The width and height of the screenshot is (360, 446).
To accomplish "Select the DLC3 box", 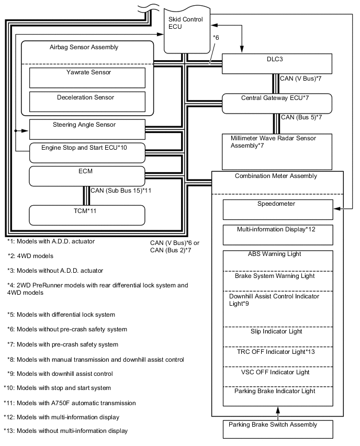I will click(277, 63).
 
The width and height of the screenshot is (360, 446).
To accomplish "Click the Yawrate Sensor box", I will click(87, 77).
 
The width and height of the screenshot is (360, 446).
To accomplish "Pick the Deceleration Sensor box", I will click(87, 101).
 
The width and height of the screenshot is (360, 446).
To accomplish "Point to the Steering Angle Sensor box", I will click(87, 129).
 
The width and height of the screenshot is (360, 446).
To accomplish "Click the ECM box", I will click(87, 175).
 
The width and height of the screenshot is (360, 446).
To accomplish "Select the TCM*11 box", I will click(87, 215).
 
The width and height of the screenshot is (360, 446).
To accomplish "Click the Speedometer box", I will click(277, 209).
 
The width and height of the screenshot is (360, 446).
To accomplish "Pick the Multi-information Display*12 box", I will click(277, 235).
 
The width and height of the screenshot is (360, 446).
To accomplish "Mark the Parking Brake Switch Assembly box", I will click(277, 429).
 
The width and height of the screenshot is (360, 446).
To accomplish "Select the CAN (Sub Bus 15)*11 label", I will click(121, 191).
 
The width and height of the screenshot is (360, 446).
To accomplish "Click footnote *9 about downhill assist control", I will click(63, 374).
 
